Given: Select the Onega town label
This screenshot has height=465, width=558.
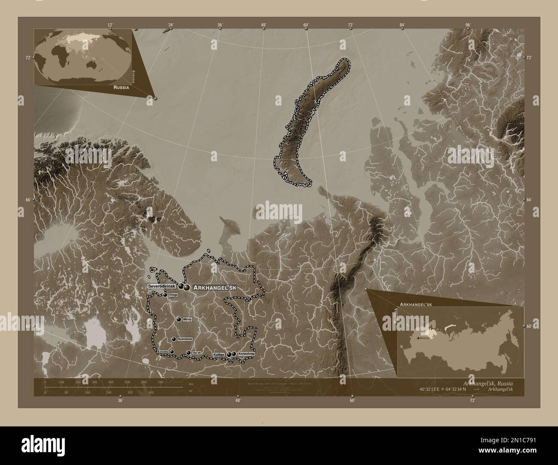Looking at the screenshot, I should click(x=173, y=295).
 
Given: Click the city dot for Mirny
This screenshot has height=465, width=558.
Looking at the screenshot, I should click(x=179, y=320).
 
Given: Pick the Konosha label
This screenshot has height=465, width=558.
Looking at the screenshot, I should click(x=163, y=352).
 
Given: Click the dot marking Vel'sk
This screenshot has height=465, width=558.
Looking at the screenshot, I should click(x=188, y=353).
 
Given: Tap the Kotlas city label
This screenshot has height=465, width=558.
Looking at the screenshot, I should click(x=219, y=355).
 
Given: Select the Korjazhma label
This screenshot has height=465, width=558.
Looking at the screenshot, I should click(x=246, y=354).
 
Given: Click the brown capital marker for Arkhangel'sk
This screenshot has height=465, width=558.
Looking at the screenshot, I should click(x=187, y=287).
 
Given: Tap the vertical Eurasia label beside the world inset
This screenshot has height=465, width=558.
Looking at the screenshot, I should click(x=133, y=76).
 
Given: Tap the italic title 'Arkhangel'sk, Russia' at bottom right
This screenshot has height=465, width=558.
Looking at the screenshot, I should click(x=487, y=383).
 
